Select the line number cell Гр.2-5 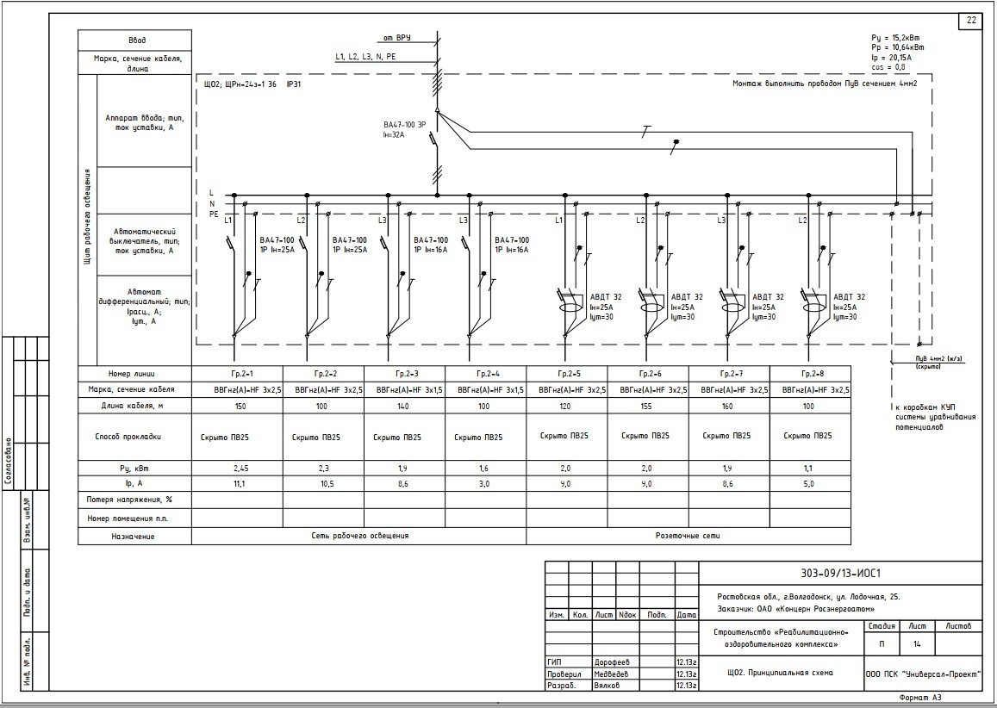(566, 374)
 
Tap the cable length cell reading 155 (647, 405)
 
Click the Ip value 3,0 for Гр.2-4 (484, 484)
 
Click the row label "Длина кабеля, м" (134, 405)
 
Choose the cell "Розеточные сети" (688, 536)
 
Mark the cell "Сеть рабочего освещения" (359, 536)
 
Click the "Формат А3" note (920, 698)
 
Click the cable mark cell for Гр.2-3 (404, 390)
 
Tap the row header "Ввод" (136, 40)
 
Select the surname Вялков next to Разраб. (608, 686)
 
